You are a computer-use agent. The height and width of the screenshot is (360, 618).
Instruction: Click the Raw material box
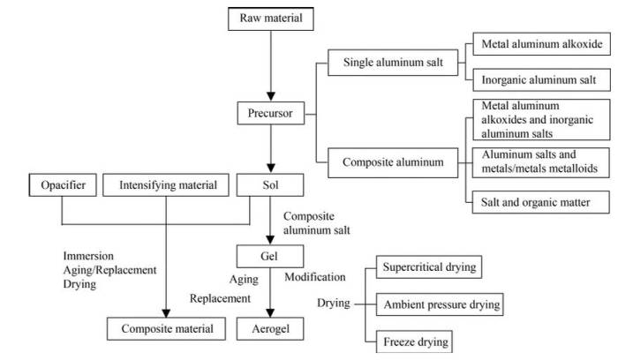[x=271, y=19]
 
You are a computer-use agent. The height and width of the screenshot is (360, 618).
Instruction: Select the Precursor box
[x=271, y=114]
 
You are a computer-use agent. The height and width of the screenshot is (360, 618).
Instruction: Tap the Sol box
[x=270, y=185]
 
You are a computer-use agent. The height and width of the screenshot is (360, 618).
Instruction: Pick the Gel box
[x=270, y=257]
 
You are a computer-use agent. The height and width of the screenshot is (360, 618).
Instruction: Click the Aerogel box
[x=270, y=328]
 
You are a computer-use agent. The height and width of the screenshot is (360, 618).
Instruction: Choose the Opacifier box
[x=63, y=185]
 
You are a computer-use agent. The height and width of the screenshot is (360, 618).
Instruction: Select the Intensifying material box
[x=166, y=185]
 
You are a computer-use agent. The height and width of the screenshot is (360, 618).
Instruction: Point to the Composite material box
[x=166, y=328]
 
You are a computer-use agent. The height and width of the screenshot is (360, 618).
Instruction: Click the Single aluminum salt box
[x=393, y=63]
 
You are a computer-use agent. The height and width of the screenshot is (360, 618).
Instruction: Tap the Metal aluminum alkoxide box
[x=541, y=44]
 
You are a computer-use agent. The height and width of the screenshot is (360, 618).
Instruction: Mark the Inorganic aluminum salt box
[x=541, y=80]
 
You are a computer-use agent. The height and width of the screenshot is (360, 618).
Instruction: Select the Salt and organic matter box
[x=540, y=202]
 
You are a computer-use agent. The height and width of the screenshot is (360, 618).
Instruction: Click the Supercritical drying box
[x=429, y=267]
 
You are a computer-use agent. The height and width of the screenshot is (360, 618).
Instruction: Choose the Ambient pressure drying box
[x=440, y=304]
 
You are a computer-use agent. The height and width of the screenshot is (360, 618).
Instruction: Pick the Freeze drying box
[x=414, y=341]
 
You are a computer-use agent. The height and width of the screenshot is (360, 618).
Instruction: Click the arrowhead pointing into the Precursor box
[x=271, y=96]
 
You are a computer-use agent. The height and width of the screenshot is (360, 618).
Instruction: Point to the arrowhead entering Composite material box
[x=166, y=312]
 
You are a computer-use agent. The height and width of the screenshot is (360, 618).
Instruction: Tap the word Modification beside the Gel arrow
[x=315, y=277]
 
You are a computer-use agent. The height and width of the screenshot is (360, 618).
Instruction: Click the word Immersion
[x=88, y=256]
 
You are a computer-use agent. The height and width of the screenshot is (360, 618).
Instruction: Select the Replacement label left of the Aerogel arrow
[x=220, y=298]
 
